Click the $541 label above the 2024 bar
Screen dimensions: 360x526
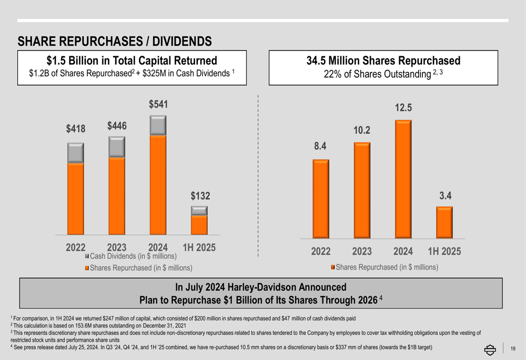[x=158, y=105]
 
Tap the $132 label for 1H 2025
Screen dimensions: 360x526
[x=200, y=196]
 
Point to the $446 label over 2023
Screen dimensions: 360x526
[x=117, y=126]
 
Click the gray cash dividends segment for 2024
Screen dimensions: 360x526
[x=158, y=125]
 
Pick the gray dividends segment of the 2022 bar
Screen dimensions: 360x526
[x=76, y=152]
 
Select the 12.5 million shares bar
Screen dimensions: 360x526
[x=403, y=179]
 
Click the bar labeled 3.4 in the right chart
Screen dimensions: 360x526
[x=444, y=222]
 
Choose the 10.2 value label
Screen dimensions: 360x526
[x=362, y=130]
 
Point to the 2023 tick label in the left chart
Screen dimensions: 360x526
[x=117, y=248]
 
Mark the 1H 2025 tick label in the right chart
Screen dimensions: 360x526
[x=444, y=252]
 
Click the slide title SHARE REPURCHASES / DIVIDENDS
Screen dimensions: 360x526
[x=115, y=41]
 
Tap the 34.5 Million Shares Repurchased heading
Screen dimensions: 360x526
[x=383, y=61]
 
